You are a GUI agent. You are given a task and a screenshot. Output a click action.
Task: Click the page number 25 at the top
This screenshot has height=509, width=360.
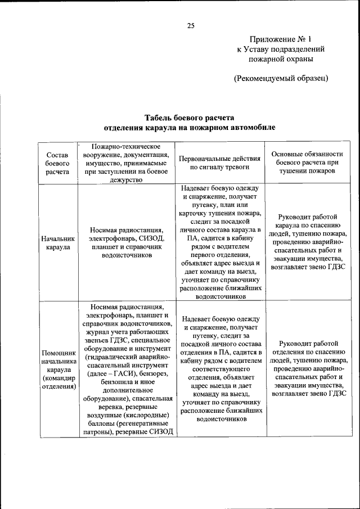point(191,25)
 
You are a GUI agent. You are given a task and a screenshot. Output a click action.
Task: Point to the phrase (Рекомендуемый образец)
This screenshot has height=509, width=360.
point(281,78)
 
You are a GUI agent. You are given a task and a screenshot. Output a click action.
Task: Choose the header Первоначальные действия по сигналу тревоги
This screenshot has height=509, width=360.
point(219,163)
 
